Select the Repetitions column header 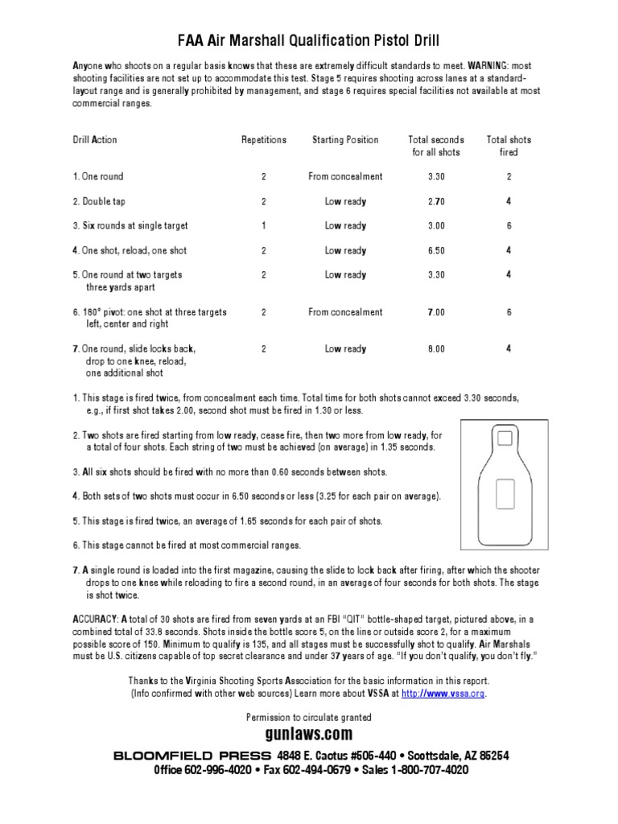[x=263, y=140]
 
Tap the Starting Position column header [x=344, y=140]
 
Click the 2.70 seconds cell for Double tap [x=436, y=201]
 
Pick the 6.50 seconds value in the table [x=436, y=250]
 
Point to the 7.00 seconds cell [x=436, y=312]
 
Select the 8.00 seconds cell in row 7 [x=436, y=349]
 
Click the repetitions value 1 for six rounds [x=263, y=226]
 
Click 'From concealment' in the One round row [x=345, y=176]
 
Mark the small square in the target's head [x=505, y=439]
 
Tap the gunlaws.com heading [x=308, y=735]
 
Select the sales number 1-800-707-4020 [x=429, y=770]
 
